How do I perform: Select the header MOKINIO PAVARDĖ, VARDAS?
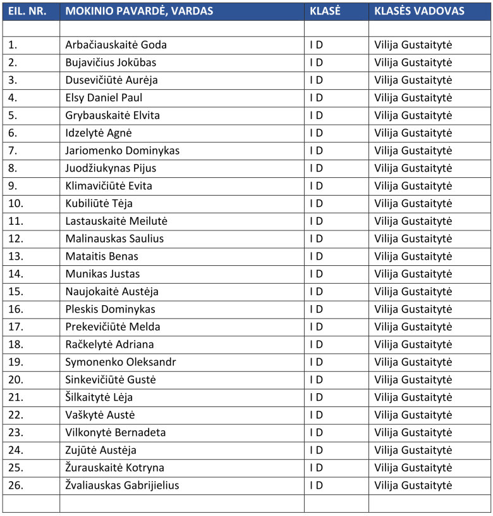click(139, 11)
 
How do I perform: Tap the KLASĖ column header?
click(326, 11)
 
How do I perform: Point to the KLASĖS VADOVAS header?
click(419, 11)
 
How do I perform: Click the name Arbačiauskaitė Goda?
click(116, 45)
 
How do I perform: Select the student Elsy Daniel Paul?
click(104, 98)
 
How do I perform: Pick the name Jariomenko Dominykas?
click(123, 151)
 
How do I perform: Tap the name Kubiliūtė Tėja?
click(99, 203)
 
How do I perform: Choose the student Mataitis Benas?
click(102, 256)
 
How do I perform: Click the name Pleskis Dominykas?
click(110, 309)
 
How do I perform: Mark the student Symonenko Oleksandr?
click(121, 362)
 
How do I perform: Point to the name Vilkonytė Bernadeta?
click(116, 432)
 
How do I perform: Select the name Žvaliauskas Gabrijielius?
click(122, 486)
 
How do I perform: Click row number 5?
click(13, 115)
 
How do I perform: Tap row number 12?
click(16, 239)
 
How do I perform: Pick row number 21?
click(16, 398)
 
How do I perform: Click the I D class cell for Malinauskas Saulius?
click(316, 239)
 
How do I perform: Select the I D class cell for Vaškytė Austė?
click(316, 415)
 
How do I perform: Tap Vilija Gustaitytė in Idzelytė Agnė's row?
click(413, 133)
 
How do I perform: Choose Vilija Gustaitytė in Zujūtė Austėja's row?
click(413, 450)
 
